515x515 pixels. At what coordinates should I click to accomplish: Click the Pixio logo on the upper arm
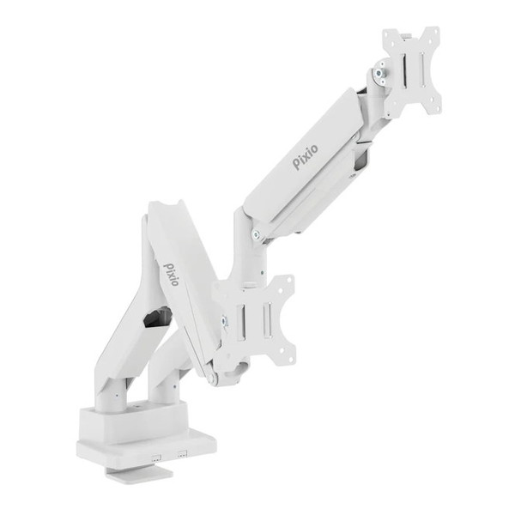[x=306, y=157]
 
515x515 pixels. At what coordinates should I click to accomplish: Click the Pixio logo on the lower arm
[x=171, y=275]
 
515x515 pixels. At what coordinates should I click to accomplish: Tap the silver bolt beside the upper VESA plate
[x=380, y=73]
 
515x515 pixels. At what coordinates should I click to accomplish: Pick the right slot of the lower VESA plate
[x=267, y=319]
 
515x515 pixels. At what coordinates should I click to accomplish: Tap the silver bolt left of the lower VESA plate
[x=224, y=321]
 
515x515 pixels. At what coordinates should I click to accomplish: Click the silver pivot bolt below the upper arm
[x=256, y=234]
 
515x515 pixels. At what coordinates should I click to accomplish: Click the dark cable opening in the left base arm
[x=158, y=317]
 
